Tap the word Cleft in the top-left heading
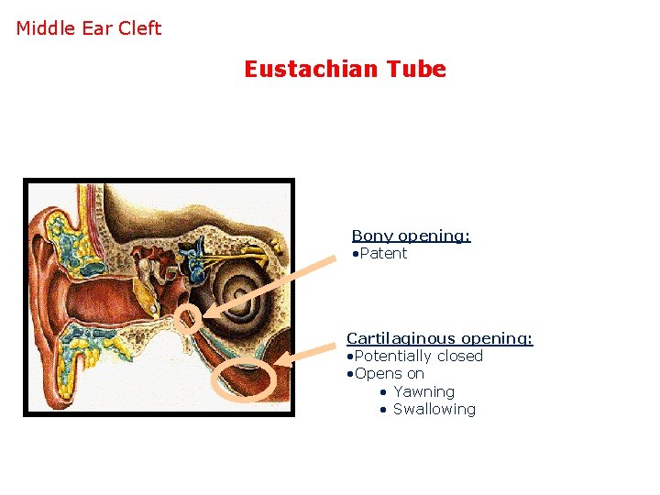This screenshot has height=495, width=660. (139, 27)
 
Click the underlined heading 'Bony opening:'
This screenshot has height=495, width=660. (411, 236)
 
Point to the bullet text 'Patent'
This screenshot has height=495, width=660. (383, 253)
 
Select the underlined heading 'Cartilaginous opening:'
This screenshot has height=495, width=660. (439, 338)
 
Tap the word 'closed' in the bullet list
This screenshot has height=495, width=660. (459, 356)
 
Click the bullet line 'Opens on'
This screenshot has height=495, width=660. (389, 373)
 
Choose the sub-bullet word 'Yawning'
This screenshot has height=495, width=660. (423, 391)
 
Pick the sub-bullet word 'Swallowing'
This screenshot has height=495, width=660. (434, 409)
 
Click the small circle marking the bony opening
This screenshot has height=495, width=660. (187, 319)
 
